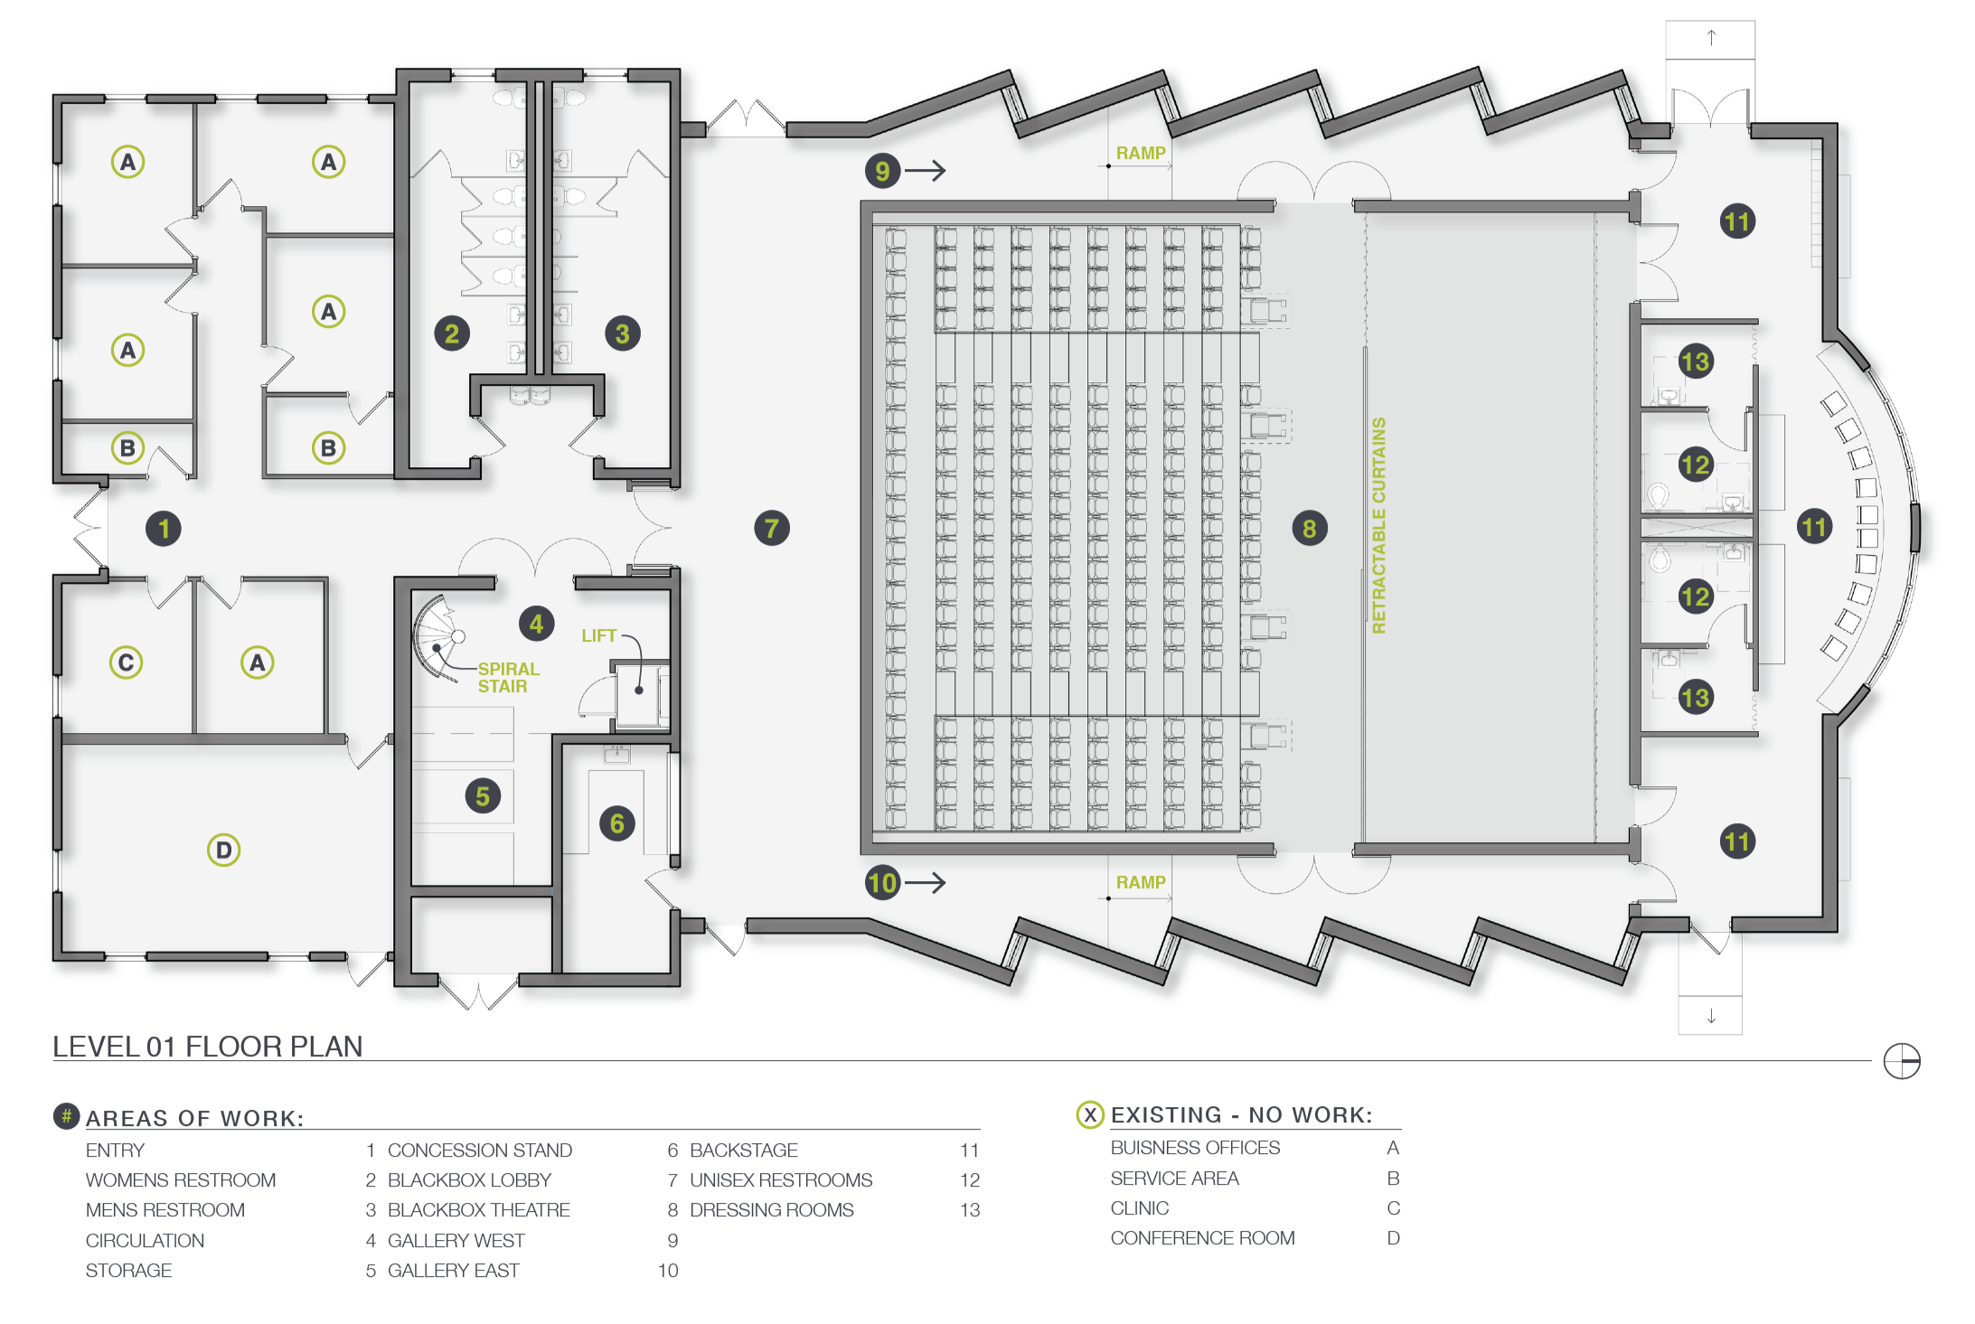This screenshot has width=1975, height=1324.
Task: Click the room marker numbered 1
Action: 164,529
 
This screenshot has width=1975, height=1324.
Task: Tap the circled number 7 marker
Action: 772,529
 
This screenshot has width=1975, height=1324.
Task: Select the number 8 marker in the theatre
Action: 1310,529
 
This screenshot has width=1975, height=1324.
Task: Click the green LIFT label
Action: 598,636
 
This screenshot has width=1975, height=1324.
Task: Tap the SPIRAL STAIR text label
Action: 507,678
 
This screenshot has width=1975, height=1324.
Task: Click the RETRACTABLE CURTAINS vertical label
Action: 1378,525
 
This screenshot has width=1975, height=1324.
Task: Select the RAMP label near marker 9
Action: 1141,154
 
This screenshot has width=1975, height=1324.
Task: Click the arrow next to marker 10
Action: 926,883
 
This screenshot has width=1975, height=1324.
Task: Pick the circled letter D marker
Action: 223,850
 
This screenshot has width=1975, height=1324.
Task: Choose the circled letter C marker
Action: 127,662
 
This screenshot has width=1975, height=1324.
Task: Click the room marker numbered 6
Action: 617,823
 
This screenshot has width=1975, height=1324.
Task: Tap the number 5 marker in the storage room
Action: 483,796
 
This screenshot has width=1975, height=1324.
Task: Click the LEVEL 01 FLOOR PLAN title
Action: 208,1047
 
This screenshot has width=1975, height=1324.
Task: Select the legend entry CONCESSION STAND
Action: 479,1150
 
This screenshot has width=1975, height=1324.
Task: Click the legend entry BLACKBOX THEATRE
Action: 478,1210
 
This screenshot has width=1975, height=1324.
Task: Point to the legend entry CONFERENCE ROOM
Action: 1202,1238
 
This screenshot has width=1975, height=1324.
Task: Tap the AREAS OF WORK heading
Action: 194,1119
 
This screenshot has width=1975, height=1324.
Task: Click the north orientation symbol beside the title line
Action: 1902,1061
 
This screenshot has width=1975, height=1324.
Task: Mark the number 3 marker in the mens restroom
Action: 623,333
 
